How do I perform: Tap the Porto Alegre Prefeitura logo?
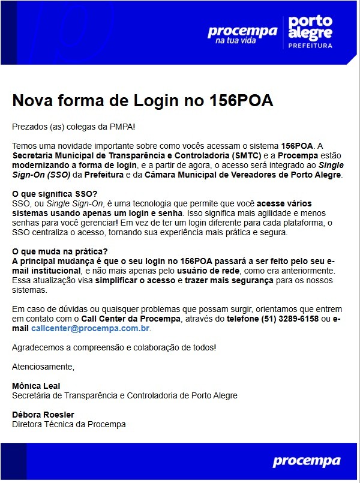(x=310, y=32)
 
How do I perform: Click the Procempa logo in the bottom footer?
(x=306, y=461)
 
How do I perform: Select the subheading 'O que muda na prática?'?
(x=59, y=251)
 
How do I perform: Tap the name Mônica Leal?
(x=36, y=386)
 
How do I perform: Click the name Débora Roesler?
(x=43, y=415)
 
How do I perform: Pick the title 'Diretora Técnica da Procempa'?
(x=69, y=424)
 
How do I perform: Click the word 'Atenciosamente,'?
(x=43, y=367)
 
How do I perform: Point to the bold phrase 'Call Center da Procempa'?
(x=131, y=319)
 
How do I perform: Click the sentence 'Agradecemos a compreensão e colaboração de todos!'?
(x=114, y=347)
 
